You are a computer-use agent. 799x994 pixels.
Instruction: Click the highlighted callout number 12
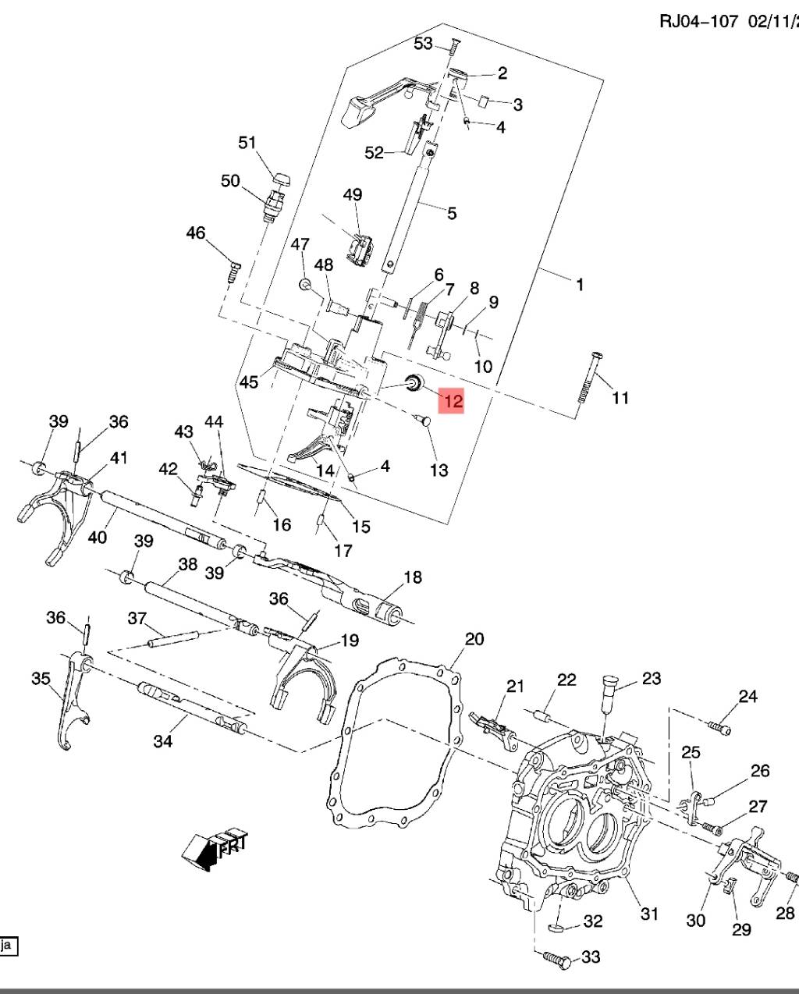(x=453, y=401)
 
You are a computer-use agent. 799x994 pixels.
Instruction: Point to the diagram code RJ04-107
(x=698, y=21)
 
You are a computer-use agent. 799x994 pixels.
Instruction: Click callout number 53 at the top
(x=423, y=44)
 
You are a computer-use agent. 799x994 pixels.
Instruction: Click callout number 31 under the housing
(x=649, y=913)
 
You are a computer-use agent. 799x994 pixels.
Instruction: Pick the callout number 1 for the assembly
(x=579, y=285)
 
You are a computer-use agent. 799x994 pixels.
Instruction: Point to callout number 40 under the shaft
(x=97, y=538)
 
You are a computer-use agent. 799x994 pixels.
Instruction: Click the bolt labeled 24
(x=722, y=726)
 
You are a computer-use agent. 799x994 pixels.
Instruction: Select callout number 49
(x=353, y=194)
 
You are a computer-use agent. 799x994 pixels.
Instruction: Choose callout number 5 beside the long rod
(x=451, y=213)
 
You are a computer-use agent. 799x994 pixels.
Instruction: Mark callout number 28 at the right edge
(x=785, y=913)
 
